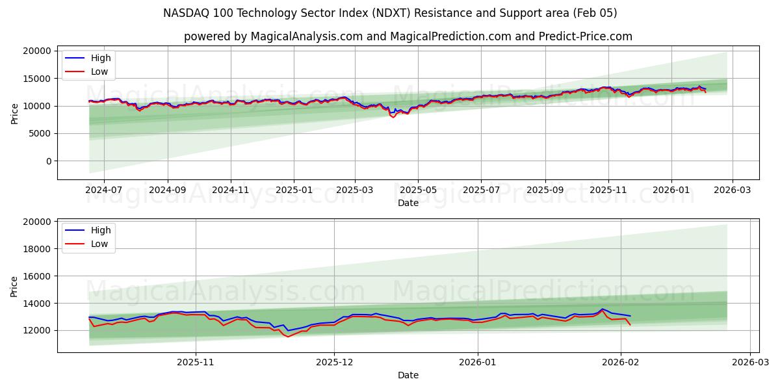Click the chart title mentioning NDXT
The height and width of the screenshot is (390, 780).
pos(390,13)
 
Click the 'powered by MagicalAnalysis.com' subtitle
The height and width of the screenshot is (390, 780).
pos(408,36)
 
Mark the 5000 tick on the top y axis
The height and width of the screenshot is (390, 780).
pos(40,134)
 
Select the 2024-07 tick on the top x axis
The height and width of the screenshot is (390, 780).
pos(105,190)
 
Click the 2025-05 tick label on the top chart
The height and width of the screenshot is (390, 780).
pos(418,190)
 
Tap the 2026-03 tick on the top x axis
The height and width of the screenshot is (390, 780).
pos(733,190)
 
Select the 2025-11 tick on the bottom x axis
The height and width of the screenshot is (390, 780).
pos(196,363)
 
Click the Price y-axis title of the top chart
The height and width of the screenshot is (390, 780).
pos(15,112)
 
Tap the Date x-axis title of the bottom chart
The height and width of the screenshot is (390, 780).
pos(408,375)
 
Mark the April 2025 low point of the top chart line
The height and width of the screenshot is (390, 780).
pos(393,117)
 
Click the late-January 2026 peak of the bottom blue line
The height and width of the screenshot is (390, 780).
pos(602,309)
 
